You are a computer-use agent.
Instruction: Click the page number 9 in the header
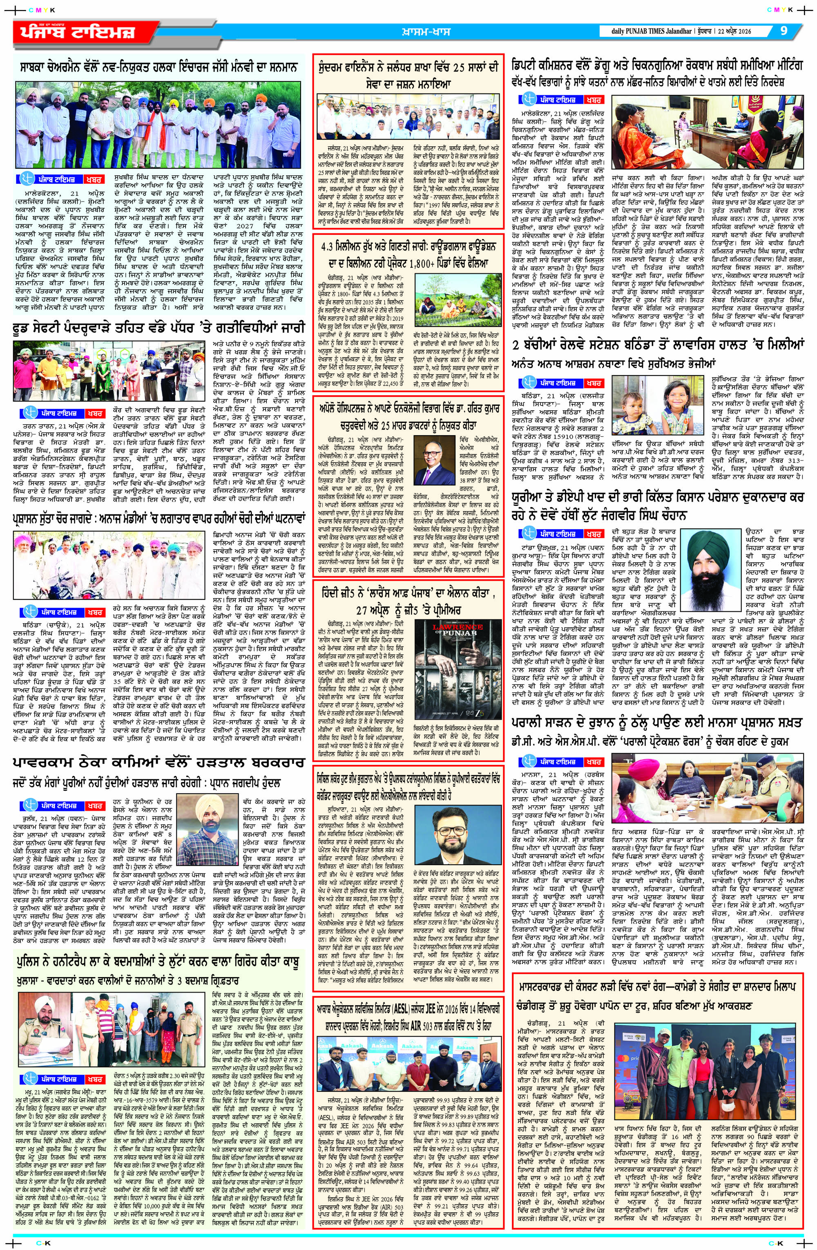(784, 31)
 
